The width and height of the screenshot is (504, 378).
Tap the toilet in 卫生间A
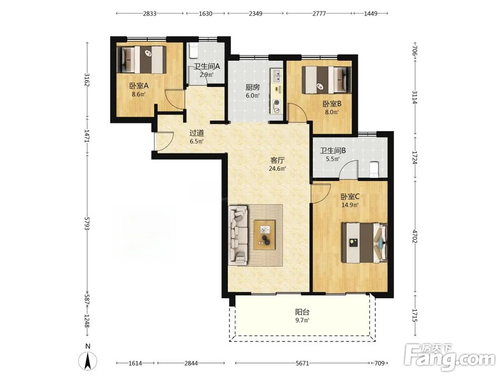(194, 50)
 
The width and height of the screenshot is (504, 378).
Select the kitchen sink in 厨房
(276, 76)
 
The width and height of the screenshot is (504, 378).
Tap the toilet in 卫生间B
(374, 169)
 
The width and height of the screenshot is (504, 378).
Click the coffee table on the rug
(265, 235)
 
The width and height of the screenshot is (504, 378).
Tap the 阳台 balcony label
(302, 312)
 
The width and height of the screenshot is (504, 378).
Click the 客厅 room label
(277, 160)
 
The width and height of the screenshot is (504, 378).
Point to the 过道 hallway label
(197, 133)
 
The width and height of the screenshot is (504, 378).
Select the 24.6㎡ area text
(277, 168)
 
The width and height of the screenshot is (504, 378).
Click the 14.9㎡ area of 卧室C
(350, 205)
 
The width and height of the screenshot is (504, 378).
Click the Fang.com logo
(450, 357)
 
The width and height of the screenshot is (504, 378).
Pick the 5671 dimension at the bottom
(302, 363)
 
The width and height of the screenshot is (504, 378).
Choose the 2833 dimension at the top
(150, 14)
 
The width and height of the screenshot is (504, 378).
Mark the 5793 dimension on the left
(87, 223)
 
